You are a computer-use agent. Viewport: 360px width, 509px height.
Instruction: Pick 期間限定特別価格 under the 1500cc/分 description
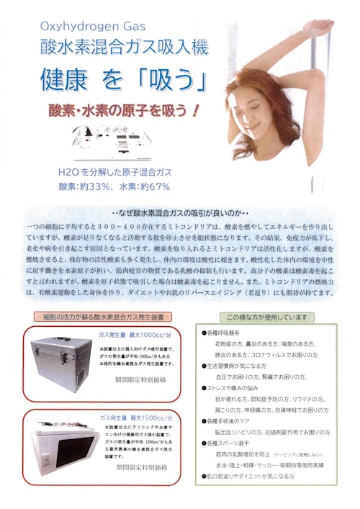pos(141,487)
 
